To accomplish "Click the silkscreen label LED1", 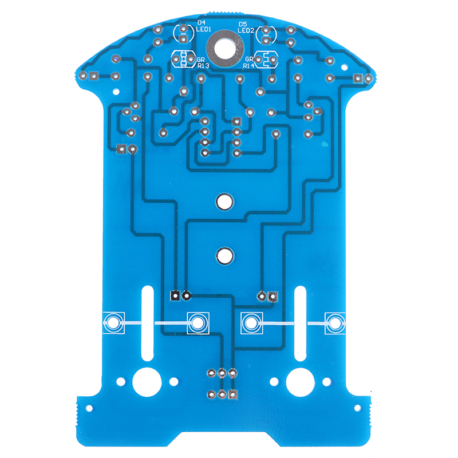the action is (204, 29).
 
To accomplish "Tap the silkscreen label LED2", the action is (246, 30).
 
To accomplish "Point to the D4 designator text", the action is (202, 22).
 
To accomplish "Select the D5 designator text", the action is (243, 24).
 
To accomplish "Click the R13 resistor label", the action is (203, 66).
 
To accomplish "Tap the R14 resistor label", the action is (248, 66).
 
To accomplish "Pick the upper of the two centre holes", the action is (224, 201).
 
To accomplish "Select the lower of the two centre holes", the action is (224, 255).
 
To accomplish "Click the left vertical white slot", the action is (148, 323).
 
